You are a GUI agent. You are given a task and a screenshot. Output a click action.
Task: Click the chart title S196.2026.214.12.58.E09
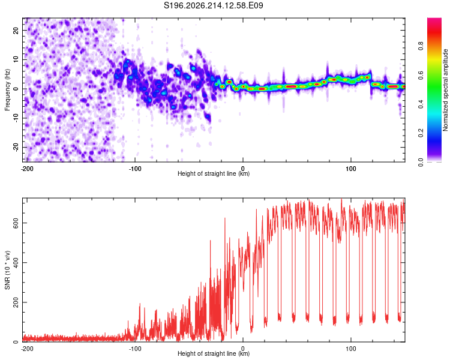213,5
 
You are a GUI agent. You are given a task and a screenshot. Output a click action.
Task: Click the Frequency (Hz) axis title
7,90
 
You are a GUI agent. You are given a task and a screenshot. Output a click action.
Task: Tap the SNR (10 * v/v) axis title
7,270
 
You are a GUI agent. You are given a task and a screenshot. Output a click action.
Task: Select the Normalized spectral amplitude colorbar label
445,90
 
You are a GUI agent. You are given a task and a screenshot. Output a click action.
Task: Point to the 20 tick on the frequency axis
16,30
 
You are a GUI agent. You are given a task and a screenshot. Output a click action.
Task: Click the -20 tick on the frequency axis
16,147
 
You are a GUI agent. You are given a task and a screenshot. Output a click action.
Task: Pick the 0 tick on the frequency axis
16,89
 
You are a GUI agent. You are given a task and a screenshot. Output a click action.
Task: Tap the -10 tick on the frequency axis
16,118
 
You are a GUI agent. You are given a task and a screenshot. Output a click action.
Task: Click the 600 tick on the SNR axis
16,223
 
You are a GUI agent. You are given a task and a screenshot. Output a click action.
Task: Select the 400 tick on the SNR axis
16,263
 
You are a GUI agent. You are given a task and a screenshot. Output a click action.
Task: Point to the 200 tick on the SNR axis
16,302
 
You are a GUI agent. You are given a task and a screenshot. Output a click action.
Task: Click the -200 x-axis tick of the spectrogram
27,169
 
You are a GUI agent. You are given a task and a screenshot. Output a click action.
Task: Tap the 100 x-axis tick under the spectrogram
351,169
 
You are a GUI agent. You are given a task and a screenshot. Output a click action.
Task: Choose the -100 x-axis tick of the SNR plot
135,349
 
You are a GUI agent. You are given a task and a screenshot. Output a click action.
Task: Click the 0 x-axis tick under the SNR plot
243,349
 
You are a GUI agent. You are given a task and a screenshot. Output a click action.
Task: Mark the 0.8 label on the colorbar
421,46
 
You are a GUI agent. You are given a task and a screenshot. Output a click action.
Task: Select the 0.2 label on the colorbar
421,133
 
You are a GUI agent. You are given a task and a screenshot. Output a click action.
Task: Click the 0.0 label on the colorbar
421,162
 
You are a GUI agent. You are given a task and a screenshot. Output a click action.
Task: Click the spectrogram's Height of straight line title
214,173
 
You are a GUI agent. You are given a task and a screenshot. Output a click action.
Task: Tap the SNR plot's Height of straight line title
214,353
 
